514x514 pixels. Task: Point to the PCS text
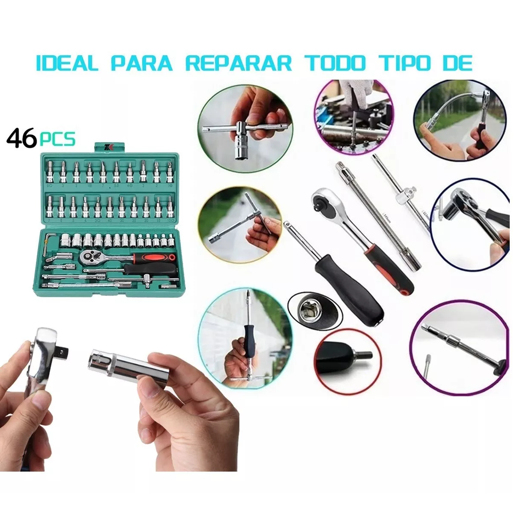click(x=57, y=139)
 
